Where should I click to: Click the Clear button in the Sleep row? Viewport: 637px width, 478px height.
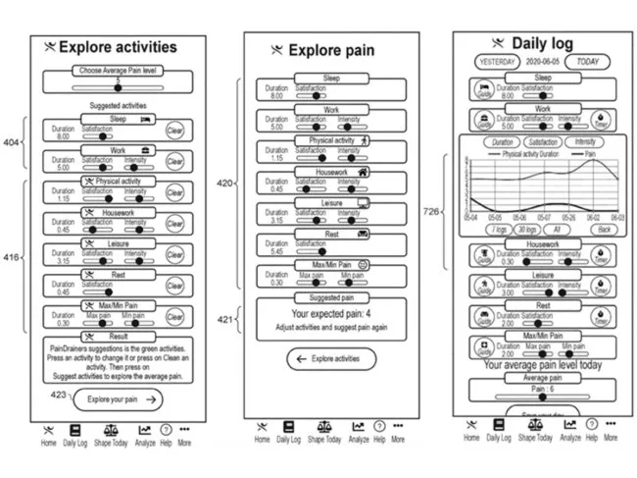tap(174, 131)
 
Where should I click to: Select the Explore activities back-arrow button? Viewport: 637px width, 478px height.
tap(330, 360)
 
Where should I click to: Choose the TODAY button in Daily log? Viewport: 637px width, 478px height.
tap(587, 61)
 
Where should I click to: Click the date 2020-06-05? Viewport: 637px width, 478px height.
tap(543, 61)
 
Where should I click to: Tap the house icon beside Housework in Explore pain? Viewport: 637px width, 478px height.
tap(364, 172)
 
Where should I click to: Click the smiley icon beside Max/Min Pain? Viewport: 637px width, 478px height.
tap(364, 265)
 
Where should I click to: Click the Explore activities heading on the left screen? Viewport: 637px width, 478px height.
tap(118, 46)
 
